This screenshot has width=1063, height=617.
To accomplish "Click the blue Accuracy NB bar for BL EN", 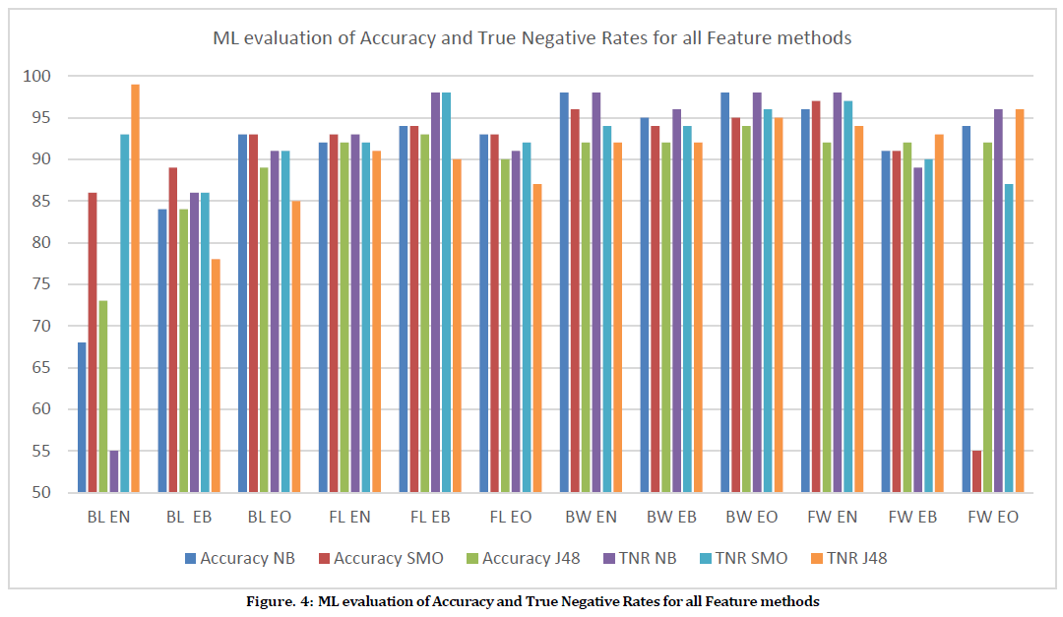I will (82, 417).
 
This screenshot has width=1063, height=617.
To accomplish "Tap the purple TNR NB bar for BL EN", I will (114, 471).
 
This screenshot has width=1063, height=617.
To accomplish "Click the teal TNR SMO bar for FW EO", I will (1009, 339).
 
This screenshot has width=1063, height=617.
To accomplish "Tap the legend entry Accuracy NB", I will (239, 558).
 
